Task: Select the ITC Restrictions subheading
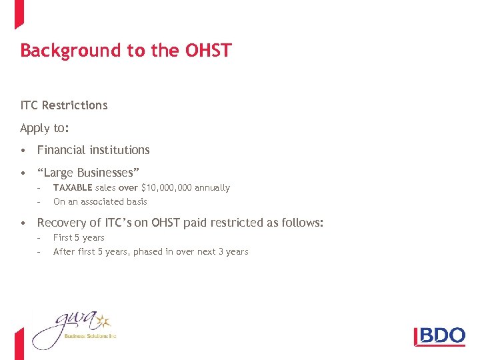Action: coord(64,105)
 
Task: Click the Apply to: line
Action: coord(45,128)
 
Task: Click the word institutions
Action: coord(121,150)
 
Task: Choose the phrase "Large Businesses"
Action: coord(88,173)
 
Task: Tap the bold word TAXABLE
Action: coord(73,188)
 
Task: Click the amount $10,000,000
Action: coord(167,188)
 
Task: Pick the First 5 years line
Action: coord(79,237)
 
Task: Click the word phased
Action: coord(153,251)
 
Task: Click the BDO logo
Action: coord(439,335)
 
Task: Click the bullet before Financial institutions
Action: coord(23,151)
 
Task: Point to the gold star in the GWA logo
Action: coord(102,321)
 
